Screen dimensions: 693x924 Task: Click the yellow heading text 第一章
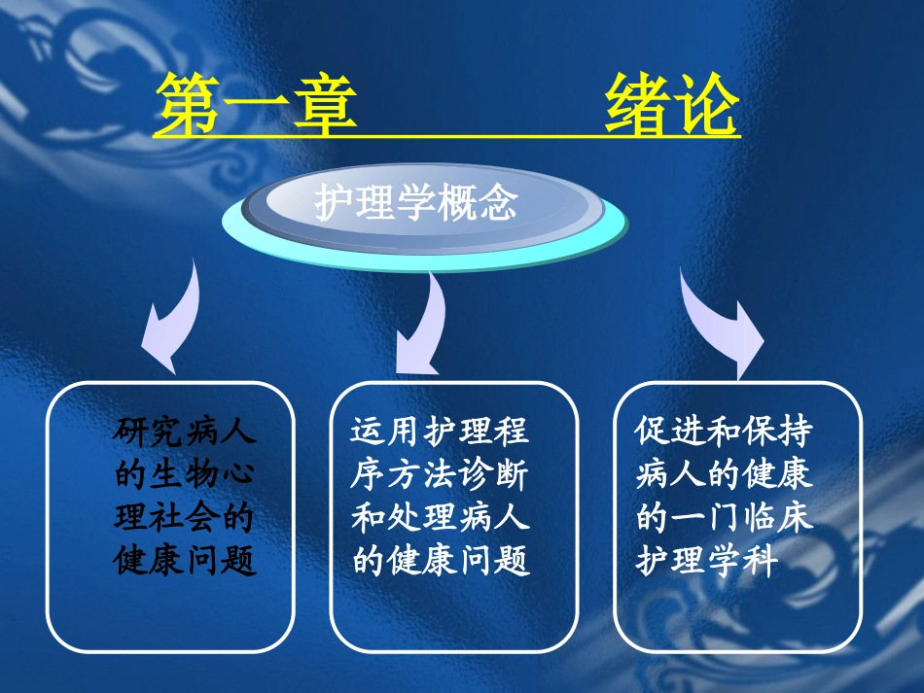point(255,105)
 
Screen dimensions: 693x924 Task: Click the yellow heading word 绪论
point(671,105)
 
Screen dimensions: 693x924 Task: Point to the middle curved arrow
point(420,326)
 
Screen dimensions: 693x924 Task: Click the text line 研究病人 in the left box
point(186,431)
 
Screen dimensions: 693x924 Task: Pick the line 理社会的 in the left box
point(186,517)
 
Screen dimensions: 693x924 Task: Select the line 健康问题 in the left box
point(186,561)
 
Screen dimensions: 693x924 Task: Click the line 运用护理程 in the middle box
point(440,431)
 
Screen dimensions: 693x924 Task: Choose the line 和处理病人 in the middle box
point(440,517)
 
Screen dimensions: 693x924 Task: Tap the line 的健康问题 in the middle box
point(440,561)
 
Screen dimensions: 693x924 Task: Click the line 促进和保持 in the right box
point(725,431)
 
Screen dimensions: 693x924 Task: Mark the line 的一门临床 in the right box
point(725,517)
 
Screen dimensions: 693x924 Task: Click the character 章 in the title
point(324,105)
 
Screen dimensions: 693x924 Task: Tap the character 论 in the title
point(705,105)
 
